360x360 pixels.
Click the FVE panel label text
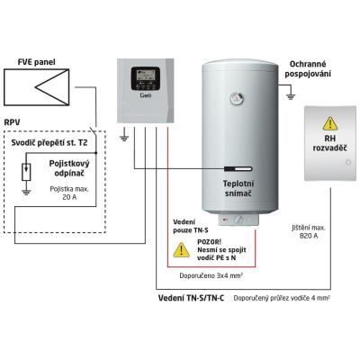[37, 62]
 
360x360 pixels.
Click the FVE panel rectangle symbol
[37, 87]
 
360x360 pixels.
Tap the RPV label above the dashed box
[13, 122]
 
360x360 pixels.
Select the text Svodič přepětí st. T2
[49, 142]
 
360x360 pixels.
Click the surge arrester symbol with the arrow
[26, 172]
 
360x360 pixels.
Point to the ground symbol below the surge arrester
[26, 193]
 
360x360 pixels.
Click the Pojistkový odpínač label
[69, 168]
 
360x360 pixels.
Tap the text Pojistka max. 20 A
[69, 193]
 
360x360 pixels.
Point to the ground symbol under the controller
[124, 138]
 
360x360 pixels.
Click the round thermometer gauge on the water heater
[237, 98]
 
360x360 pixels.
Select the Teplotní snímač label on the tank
[238, 188]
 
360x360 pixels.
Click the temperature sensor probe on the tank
[238, 169]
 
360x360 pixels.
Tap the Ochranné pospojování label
[308, 68]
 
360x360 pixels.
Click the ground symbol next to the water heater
[291, 96]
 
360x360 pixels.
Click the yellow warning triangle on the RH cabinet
[330, 123]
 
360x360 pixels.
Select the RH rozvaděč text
[330, 143]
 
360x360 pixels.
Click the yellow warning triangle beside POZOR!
[181, 250]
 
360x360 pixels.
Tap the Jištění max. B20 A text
[309, 231]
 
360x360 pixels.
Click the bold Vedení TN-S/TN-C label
[191, 298]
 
